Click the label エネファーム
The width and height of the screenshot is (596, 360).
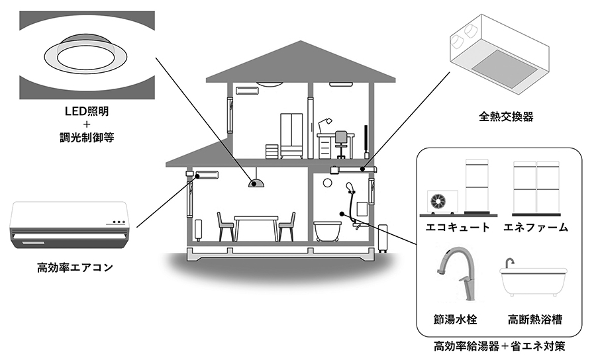[x=536, y=228]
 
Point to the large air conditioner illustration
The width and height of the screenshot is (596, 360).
[x=69, y=226]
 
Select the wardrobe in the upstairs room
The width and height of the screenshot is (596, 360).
[x=292, y=136]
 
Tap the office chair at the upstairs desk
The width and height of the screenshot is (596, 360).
[x=340, y=144]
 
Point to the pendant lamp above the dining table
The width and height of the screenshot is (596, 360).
[x=254, y=183]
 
